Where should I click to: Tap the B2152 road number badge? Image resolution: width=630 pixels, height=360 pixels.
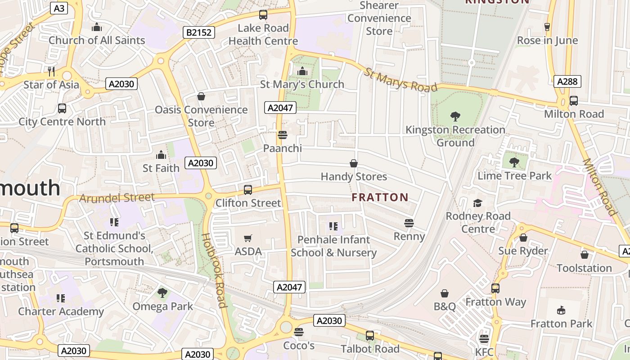(x=199, y=32)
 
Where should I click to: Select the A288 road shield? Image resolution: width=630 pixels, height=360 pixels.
(x=567, y=81)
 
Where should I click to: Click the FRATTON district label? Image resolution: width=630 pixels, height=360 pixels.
(x=380, y=197)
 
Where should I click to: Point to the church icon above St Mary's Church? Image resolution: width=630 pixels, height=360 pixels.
(x=302, y=71)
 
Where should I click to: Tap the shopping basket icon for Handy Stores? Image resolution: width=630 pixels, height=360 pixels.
(x=354, y=163)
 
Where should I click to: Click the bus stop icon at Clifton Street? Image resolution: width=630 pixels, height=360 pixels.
(x=248, y=190)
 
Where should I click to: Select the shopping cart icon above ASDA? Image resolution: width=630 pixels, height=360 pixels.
(x=248, y=238)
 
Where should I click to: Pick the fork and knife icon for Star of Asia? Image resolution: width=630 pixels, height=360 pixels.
(x=51, y=71)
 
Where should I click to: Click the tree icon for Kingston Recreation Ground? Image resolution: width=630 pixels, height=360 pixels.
(x=455, y=117)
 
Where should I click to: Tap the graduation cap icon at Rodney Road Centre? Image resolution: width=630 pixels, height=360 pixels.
(x=477, y=203)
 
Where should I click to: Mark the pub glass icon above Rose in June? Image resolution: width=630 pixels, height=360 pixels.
(x=547, y=27)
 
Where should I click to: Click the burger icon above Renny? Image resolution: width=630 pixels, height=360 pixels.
(x=409, y=223)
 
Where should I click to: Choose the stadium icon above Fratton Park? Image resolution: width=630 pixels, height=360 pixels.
(x=561, y=310)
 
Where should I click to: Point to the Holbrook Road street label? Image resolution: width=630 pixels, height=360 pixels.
(x=213, y=270)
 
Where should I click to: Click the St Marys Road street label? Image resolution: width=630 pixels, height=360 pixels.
(x=400, y=80)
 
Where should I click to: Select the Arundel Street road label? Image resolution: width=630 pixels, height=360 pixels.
(x=117, y=198)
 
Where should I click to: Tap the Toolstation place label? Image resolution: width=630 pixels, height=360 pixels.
(x=584, y=268)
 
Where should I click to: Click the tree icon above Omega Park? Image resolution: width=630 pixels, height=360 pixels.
(x=162, y=293)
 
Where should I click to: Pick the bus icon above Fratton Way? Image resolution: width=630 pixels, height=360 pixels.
(x=495, y=288)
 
